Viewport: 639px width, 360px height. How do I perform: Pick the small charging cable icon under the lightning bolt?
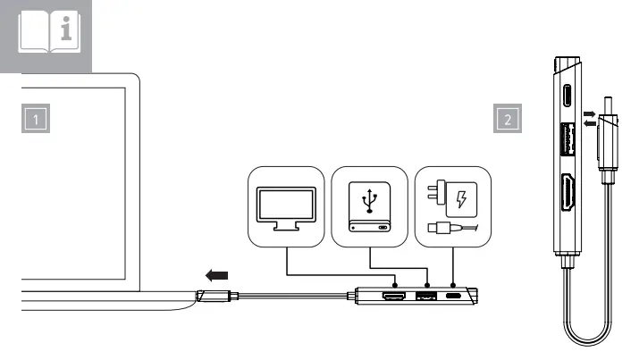pyautogui.click(x=446, y=230)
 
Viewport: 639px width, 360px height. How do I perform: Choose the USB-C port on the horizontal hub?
pyautogui.click(x=455, y=295)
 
